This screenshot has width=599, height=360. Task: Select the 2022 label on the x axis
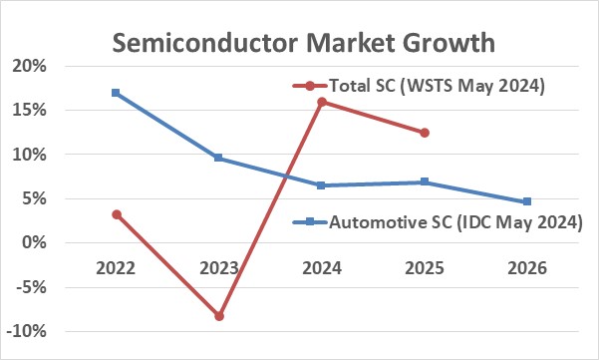[116, 269]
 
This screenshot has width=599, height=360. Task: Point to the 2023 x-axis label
[218, 269]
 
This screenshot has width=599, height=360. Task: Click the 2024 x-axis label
[322, 269]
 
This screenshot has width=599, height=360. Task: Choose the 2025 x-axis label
[425, 269]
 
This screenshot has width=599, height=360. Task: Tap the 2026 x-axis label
[527, 269]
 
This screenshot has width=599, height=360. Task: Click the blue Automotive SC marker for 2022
[116, 93]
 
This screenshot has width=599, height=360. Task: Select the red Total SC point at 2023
[219, 316]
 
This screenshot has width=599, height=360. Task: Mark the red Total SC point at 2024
[322, 102]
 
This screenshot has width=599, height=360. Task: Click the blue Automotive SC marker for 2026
[527, 201]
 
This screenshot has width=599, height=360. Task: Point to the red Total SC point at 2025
[425, 133]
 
